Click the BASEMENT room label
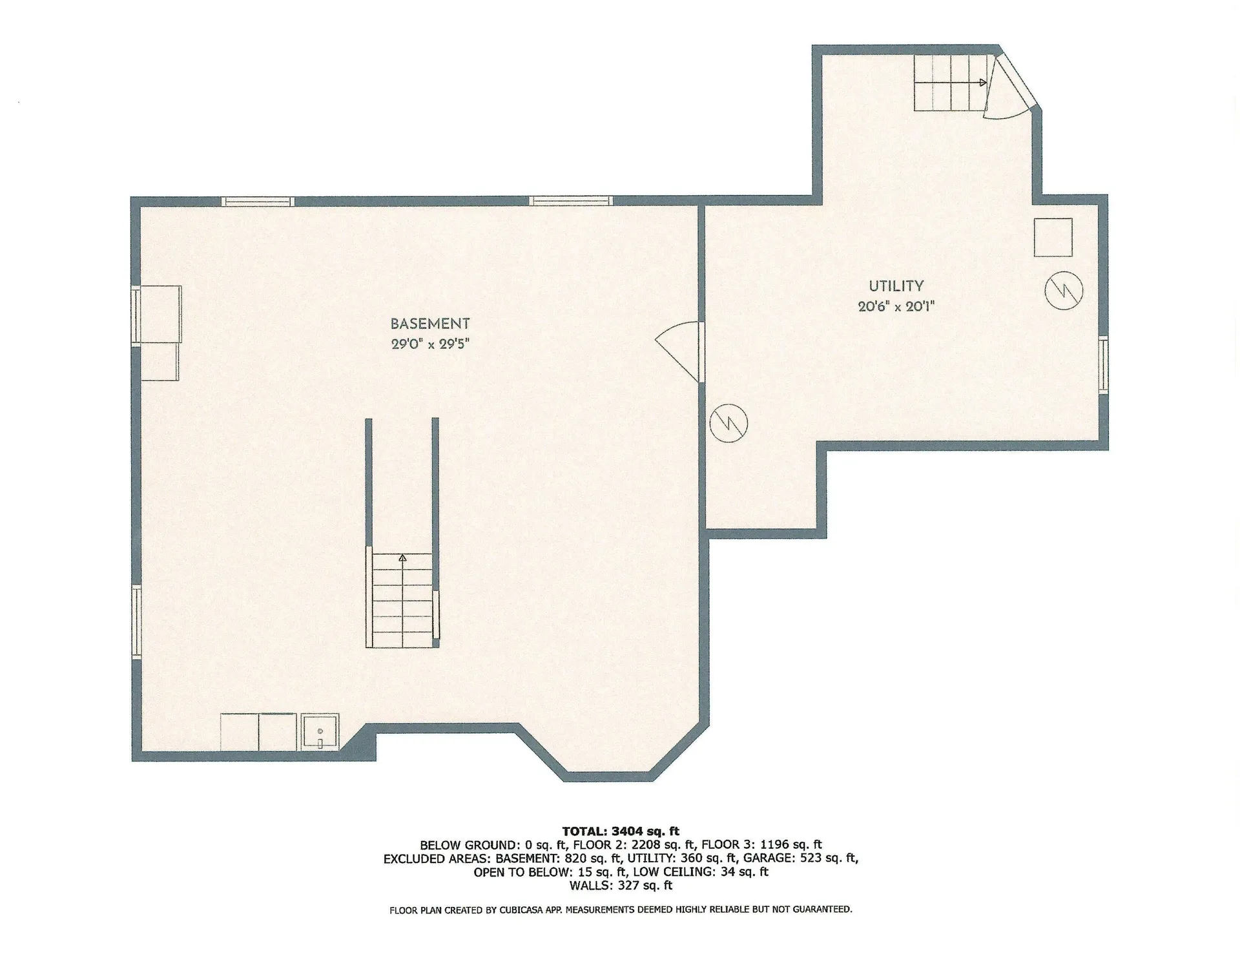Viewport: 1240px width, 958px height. [429, 324]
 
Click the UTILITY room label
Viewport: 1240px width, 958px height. [896, 286]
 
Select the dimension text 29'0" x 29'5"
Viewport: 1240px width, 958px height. [429, 344]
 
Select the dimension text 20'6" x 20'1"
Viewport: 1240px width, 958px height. [896, 306]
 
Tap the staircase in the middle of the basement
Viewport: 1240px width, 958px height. [402, 601]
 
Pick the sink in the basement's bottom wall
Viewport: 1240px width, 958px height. [320, 733]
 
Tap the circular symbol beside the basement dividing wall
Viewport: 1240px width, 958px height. [728, 423]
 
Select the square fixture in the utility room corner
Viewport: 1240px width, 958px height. [1053, 237]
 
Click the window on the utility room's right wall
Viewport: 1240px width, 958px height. [1104, 364]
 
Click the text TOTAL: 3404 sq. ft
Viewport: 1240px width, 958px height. [620, 831]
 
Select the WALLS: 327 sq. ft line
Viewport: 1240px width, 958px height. [620, 886]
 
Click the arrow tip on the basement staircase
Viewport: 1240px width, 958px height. [402, 556]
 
